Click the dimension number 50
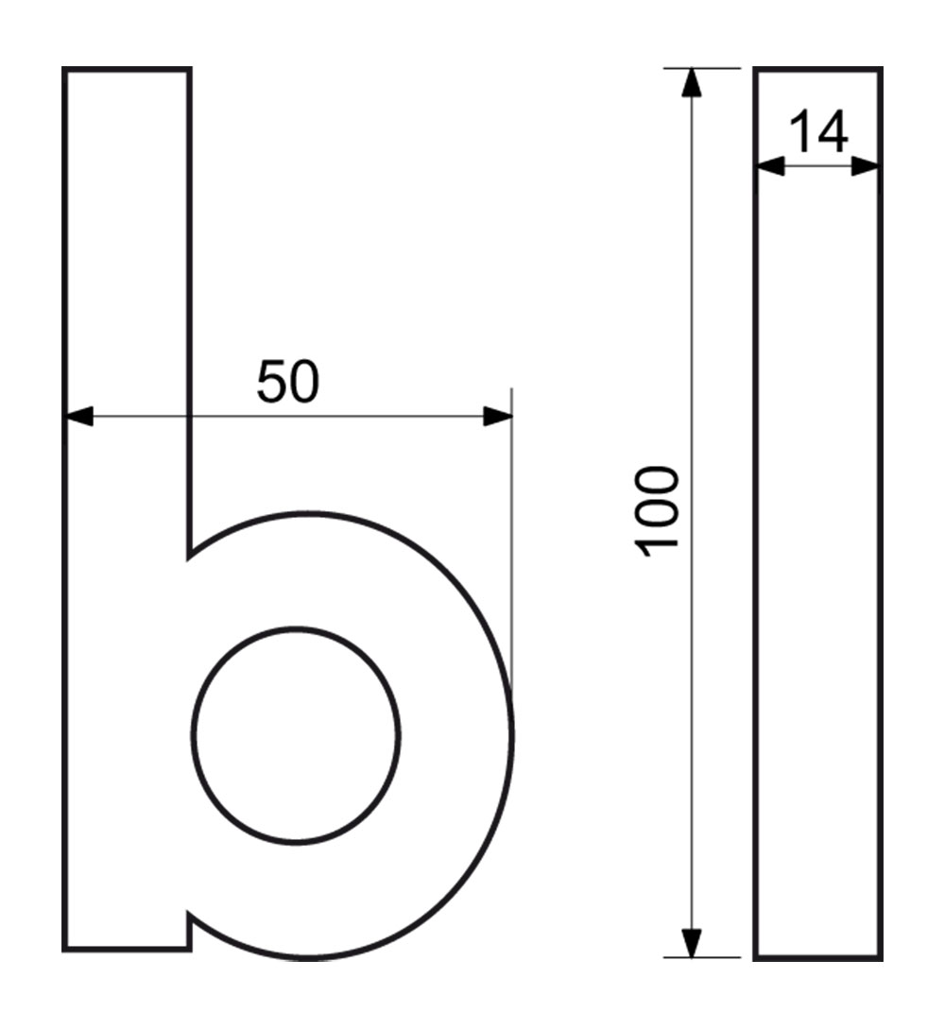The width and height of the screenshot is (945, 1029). [287, 382]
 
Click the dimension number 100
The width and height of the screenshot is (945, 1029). [657, 511]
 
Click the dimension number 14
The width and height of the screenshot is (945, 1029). [817, 132]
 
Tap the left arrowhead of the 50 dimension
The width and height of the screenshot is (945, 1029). [78, 416]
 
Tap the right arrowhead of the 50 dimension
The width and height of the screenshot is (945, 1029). [497, 416]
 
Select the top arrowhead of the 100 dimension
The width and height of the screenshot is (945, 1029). [692, 83]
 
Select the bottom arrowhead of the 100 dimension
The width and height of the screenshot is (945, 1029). [692, 943]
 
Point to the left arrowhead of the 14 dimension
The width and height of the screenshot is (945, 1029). [770, 166]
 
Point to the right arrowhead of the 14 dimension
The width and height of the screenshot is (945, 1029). [865, 166]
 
